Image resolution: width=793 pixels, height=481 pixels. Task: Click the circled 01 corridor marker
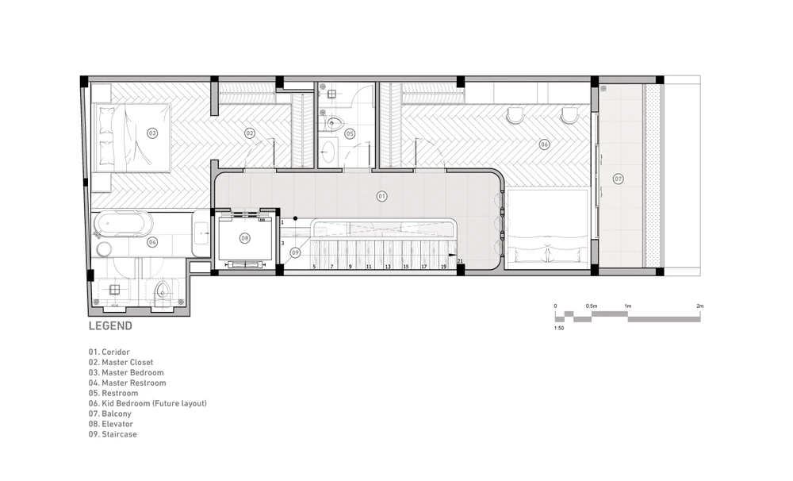(382, 197)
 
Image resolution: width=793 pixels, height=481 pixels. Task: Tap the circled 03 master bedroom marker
(152, 133)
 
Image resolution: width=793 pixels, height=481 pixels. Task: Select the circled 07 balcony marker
(618, 179)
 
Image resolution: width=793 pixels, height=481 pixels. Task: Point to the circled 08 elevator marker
(245, 238)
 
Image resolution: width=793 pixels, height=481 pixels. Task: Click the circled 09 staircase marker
(295, 252)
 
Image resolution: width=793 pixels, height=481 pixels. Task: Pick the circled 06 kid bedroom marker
(544, 144)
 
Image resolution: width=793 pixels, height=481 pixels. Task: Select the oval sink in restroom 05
(329, 151)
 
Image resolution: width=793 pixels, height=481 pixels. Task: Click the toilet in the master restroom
(162, 291)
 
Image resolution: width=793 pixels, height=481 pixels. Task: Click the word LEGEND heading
(110, 326)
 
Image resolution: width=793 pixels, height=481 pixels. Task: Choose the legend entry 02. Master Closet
(121, 363)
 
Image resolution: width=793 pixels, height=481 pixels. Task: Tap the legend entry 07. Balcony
(109, 414)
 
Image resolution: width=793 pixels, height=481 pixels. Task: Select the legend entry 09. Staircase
(113, 434)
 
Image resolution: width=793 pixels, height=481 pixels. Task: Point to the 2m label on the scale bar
(700, 306)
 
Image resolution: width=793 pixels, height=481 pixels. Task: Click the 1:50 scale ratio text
(559, 328)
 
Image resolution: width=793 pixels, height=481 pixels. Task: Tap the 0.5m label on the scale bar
(592, 306)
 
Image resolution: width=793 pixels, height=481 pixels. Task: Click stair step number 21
(460, 261)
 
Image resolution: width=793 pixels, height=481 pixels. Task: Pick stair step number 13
(388, 267)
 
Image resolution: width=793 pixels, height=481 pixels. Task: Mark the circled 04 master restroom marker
(152, 242)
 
